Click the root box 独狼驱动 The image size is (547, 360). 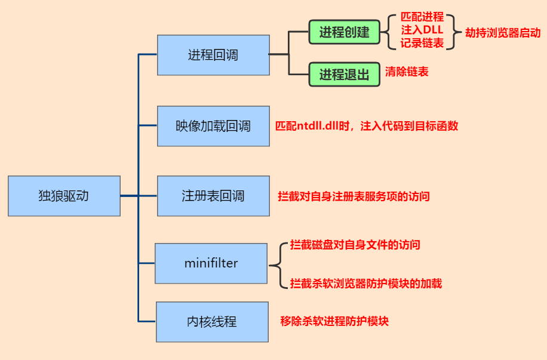click(x=64, y=196)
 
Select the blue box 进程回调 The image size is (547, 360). click(x=213, y=55)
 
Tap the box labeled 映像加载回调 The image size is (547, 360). click(x=213, y=126)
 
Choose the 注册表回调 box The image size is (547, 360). click(x=213, y=196)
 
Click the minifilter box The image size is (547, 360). click(x=211, y=263)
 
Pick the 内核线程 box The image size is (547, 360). click(x=212, y=322)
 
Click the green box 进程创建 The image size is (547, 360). click(x=345, y=32)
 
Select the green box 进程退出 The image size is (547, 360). click(x=345, y=75)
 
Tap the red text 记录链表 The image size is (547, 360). click(x=422, y=44)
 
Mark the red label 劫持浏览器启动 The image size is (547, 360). click(x=503, y=33)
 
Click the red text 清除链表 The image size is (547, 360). click(x=407, y=72)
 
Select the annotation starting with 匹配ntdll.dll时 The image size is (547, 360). click(x=366, y=127)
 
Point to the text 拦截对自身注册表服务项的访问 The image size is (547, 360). click(x=354, y=196)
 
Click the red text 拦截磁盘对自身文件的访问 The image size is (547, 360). click(x=355, y=245)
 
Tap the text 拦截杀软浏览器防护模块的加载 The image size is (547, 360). click(x=365, y=284)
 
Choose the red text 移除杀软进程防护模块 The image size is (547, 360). click(x=334, y=321)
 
